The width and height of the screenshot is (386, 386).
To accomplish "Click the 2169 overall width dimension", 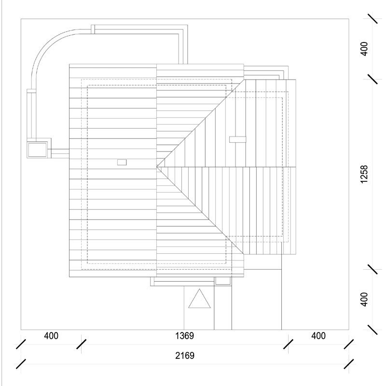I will (x=185, y=356).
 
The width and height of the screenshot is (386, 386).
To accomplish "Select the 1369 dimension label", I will (x=185, y=336).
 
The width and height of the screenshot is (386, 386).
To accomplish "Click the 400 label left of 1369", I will (x=51, y=336).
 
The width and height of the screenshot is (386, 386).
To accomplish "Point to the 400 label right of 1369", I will (x=318, y=336).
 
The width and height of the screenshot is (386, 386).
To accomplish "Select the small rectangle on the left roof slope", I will (x=122, y=163).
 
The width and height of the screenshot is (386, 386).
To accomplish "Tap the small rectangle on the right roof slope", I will (x=237, y=139).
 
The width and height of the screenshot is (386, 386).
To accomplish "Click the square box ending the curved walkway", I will (x=38, y=150).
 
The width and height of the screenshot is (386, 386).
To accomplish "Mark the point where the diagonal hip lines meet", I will (x=157, y=166).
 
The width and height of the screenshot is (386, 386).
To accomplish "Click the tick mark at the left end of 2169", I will (x=21, y=363).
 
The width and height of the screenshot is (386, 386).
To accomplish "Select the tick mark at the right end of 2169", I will (x=349, y=363).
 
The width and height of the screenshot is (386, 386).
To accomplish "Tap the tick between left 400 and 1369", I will (x=82, y=344).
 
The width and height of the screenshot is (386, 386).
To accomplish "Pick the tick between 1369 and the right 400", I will (x=288, y=344).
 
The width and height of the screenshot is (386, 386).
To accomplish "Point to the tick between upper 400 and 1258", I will (x=372, y=79).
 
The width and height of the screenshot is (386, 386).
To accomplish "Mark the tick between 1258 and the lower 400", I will (x=372, y=268).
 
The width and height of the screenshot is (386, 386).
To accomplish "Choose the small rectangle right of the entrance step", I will (x=222, y=281).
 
